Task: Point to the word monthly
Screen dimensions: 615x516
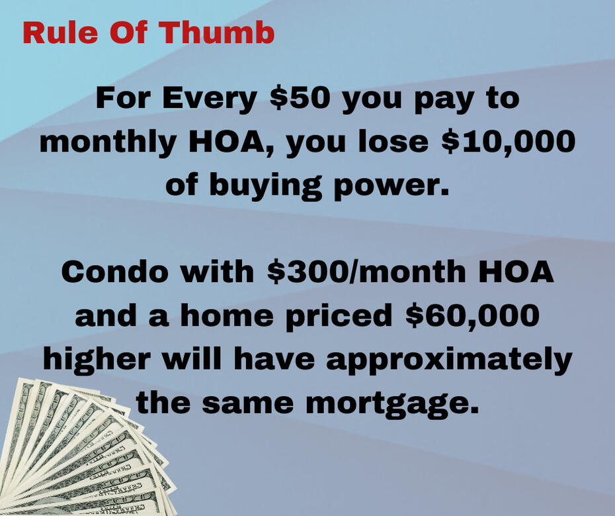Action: (x=108, y=143)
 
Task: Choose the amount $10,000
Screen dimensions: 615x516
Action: (x=509, y=142)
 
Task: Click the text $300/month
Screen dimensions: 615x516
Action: (x=366, y=271)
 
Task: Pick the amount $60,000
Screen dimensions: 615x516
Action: (x=473, y=315)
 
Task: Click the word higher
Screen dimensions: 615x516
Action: (x=97, y=360)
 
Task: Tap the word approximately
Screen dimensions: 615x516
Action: (x=449, y=360)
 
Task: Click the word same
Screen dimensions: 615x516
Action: (x=248, y=404)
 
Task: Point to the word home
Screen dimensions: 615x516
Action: (x=227, y=315)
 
